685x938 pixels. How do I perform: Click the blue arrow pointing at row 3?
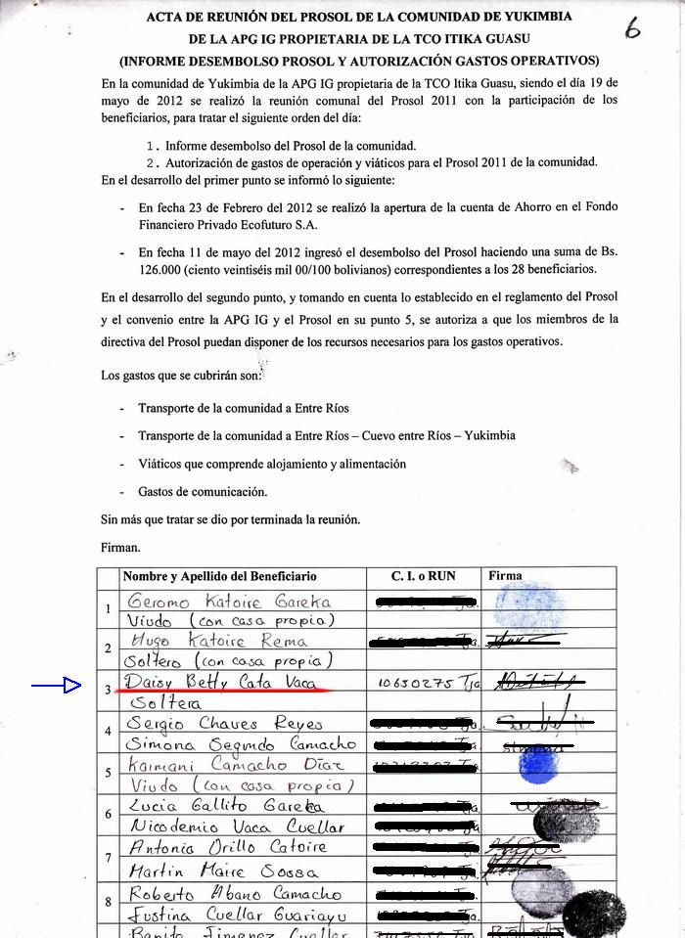coord(57,687)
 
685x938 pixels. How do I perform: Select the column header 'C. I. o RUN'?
coord(423,576)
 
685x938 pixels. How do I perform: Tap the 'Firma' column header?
coord(505,576)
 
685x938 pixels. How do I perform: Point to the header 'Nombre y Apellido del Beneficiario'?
coord(219,576)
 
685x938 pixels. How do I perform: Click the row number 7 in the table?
coord(108,858)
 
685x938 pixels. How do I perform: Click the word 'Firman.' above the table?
coord(120,548)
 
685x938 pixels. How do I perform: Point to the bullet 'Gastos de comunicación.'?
coord(203,492)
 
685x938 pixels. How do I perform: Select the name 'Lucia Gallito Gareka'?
coord(214,807)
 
